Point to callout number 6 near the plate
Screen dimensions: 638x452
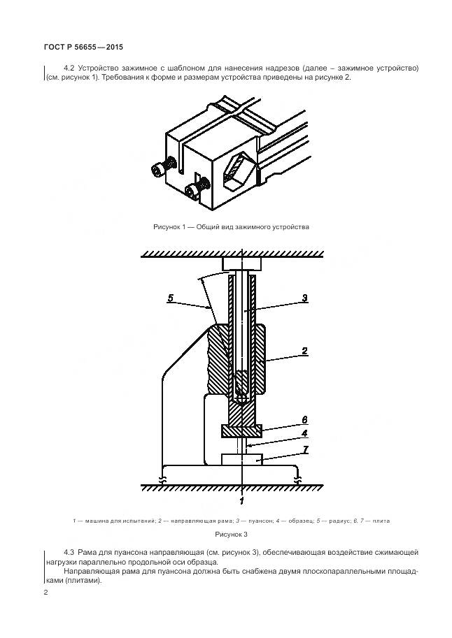(x=304, y=419)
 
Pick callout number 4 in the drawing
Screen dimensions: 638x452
(x=304, y=433)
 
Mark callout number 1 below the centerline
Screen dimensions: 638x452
(x=241, y=500)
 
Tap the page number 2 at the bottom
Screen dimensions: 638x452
(x=45, y=593)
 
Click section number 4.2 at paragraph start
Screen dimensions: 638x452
(x=69, y=68)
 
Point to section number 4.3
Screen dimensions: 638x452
(x=69, y=553)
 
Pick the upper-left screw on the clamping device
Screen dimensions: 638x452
(x=160, y=169)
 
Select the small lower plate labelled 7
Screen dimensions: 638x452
(x=241, y=459)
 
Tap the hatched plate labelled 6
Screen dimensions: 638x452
(x=241, y=431)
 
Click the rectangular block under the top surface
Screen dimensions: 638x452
(x=241, y=264)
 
